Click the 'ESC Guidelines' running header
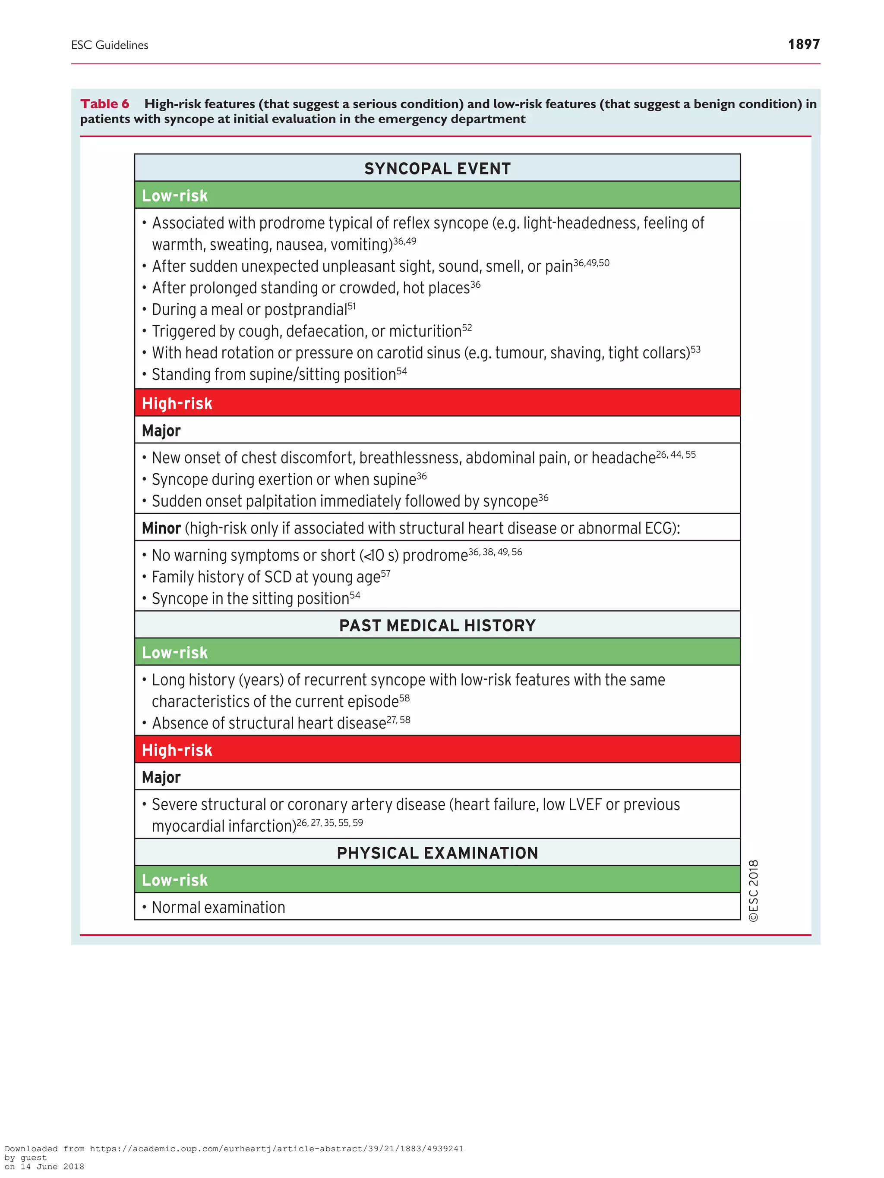pyautogui.click(x=110, y=45)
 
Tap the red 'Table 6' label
pyautogui.click(x=104, y=104)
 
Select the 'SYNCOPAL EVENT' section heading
pyautogui.click(x=437, y=168)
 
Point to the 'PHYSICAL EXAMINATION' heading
pyautogui.click(x=437, y=853)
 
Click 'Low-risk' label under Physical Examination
pyautogui.click(x=175, y=880)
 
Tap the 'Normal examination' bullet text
pyautogui.click(x=218, y=907)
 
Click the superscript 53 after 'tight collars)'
pyautogui.click(x=695, y=350)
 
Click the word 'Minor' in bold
pyautogui.click(x=161, y=528)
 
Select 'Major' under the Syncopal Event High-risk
pyautogui.click(x=161, y=430)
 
